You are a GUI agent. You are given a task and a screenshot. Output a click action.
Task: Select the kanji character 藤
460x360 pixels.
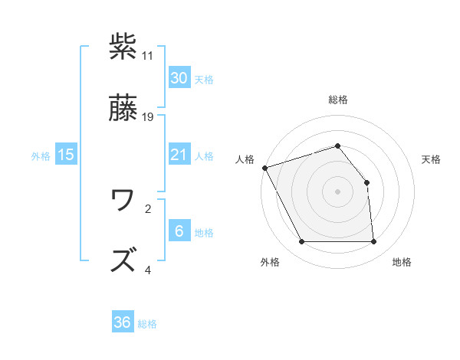click(x=124, y=110)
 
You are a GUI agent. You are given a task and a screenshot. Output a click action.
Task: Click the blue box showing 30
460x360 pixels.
click(x=179, y=77)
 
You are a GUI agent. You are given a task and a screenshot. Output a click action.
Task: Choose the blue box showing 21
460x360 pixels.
click(x=179, y=155)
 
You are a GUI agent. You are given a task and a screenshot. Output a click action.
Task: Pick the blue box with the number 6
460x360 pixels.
click(x=179, y=231)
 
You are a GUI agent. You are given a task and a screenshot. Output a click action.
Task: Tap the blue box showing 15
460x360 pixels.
click(x=66, y=155)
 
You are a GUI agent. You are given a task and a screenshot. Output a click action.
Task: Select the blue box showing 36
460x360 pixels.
click(x=123, y=322)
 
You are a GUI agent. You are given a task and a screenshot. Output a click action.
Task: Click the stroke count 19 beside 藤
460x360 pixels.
click(x=149, y=117)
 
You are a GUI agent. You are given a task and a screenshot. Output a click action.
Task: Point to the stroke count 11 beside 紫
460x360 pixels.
click(x=148, y=56)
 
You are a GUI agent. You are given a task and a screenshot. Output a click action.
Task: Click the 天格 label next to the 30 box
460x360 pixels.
click(x=203, y=79)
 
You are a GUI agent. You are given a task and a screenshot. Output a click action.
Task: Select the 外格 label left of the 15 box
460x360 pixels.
click(x=41, y=155)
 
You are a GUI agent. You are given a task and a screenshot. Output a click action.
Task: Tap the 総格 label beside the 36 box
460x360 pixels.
click(x=147, y=324)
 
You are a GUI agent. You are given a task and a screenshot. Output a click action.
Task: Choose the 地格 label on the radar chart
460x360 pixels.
click(x=402, y=262)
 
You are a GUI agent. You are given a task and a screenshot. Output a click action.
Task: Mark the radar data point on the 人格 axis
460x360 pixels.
click(x=264, y=168)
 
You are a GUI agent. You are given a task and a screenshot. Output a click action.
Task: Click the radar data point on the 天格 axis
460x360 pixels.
click(x=366, y=182)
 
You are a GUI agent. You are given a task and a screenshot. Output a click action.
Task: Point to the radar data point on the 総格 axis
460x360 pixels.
click(x=337, y=146)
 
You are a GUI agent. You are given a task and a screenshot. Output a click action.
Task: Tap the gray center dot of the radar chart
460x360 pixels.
click(x=337, y=191)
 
